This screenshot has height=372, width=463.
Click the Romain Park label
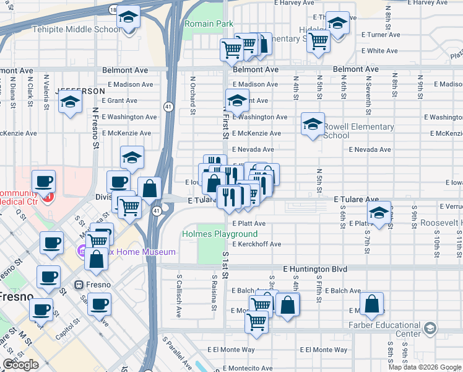[x=209, y=24]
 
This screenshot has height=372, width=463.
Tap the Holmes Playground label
[x=220, y=234]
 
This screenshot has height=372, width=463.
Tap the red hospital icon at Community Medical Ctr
[x=48, y=197]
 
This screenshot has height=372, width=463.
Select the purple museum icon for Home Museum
[x=80, y=252]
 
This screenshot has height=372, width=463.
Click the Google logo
[x=20, y=365]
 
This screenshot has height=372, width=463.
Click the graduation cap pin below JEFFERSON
[x=71, y=103]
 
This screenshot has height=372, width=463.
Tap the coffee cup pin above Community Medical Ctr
[x=43, y=182]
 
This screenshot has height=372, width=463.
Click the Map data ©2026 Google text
[x=425, y=367]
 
